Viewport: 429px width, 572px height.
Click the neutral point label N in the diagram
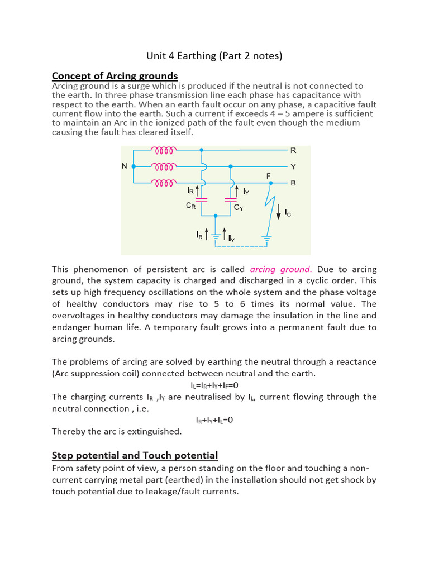(x=125, y=166)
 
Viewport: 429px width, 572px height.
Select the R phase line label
(x=293, y=150)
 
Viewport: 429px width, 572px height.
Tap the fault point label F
(x=269, y=175)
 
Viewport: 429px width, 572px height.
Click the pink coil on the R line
(x=164, y=150)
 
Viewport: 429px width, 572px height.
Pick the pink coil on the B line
(x=164, y=183)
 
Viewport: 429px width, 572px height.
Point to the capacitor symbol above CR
(x=202, y=199)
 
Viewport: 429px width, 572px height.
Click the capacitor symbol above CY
(x=231, y=199)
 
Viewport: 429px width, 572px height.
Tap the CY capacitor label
(x=239, y=207)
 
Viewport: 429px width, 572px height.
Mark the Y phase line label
(x=293, y=166)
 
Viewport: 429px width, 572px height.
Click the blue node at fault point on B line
(x=270, y=183)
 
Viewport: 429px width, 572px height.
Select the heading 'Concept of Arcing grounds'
(x=115, y=76)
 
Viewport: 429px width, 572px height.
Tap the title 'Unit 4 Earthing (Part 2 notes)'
(x=214, y=55)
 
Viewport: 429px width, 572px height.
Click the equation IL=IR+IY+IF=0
(x=214, y=385)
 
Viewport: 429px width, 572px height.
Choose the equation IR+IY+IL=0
(x=214, y=420)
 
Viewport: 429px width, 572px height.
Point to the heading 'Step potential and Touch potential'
(x=135, y=456)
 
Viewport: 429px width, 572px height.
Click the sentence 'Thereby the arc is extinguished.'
(x=117, y=431)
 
